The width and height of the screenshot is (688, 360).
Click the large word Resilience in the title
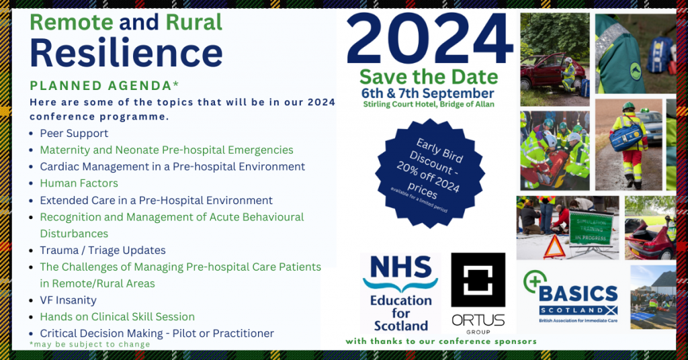126,53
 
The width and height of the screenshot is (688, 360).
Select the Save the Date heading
429,77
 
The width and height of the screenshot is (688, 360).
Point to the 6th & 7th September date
429,93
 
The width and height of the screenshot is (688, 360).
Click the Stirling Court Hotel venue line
429,105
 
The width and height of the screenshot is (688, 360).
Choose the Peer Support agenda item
74,134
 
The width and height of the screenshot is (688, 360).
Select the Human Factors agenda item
79,183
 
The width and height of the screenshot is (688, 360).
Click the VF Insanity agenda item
68,300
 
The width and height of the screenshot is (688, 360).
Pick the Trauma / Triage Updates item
102,250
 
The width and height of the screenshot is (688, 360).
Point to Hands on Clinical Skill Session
117,316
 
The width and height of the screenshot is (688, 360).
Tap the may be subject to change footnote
90,344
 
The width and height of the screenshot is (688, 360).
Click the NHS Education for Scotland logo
401,294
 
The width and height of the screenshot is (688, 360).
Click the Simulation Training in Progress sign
591,228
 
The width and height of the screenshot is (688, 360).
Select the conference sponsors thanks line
441,341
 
